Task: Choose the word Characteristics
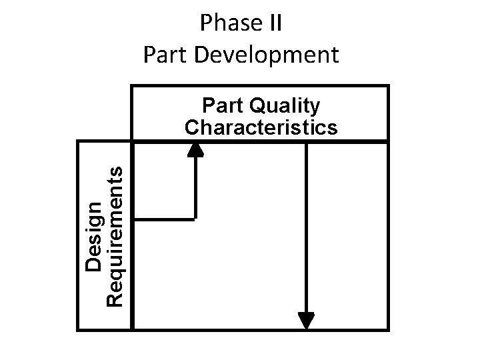coord(261,127)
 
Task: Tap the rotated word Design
coord(95,236)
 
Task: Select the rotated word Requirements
coord(115,236)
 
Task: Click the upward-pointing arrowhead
coord(195,149)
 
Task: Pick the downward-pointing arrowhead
coord(306,321)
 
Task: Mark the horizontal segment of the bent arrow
coord(164,217)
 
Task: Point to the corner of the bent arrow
coord(195,217)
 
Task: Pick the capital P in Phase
coord(205,24)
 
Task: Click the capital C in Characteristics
coord(192,127)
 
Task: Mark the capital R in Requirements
coord(115,299)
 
